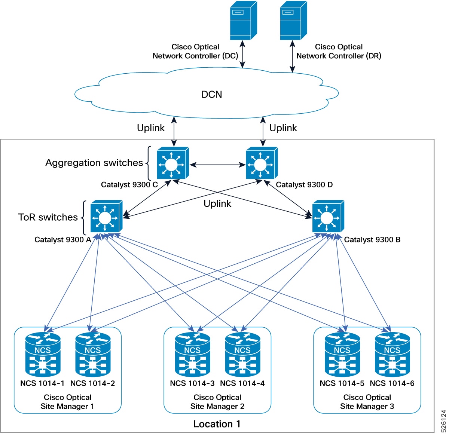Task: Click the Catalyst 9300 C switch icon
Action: pyautogui.click(x=172, y=164)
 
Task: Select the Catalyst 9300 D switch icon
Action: pyautogui.click(x=261, y=164)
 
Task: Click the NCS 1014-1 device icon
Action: pyautogui.click(x=43, y=355)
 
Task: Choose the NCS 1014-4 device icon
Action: pyautogui.click(x=242, y=355)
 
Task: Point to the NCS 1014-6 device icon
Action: pyautogui.click(x=392, y=355)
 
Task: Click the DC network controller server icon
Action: pyautogui.click(x=243, y=21)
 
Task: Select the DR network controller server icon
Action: pyautogui.click(x=293, y=21)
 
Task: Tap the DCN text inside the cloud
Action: pyautogui.click(x=212, y=95)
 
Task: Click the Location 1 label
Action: pyautogui.click(x=217, y=424)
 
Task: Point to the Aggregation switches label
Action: pyautogui.click(x=94, y=163)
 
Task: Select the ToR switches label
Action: pyautogui.click(x=48, y=217)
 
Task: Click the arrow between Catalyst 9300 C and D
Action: pyautogui.click(x=217, y=165)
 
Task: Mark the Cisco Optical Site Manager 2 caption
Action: pyautogui.click(x=217, y=402)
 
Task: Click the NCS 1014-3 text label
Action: pyautogui.click(x=192, y=383)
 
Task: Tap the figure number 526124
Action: pyautogui.click(x=444, y=421)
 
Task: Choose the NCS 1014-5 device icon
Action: pyautogui.click(x=342, y=355)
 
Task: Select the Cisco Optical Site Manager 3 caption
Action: pyautogui.click(x=367, y=402)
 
